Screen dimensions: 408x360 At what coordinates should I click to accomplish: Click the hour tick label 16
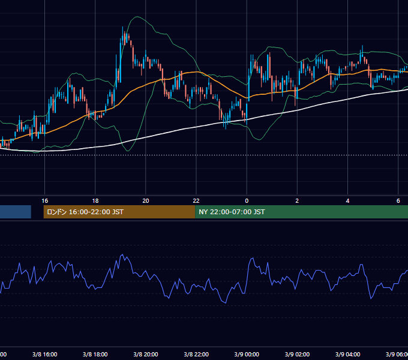point(45,201)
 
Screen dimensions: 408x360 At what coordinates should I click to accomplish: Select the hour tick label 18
point(95,201)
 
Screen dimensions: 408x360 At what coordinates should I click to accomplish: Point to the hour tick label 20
point(146,201)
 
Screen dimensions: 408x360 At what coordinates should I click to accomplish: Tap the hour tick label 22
point(196,201)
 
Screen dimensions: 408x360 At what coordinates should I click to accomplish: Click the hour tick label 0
point(247,201)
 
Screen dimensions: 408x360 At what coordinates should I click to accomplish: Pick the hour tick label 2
point(297,201)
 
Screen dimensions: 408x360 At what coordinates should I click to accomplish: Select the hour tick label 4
point(347,201)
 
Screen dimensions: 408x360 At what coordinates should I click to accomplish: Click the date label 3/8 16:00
point(45,354)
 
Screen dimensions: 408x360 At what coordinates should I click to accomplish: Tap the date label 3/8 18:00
point(95,354)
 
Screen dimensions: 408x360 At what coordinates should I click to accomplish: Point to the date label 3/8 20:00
point(146,354)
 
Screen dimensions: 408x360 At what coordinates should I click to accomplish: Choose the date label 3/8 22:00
point(196,354)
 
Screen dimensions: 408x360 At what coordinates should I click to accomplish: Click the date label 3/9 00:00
point(247,354)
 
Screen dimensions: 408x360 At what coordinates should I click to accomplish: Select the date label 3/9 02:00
point(297,354)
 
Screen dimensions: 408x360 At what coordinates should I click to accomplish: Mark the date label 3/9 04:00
point(347,354)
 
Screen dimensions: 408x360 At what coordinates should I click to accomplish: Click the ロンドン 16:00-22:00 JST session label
point(85,212)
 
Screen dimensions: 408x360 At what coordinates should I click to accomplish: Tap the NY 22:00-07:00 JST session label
point(232,212)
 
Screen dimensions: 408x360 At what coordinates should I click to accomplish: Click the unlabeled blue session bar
point(16,212)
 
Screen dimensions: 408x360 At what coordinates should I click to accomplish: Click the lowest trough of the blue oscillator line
point(226,303)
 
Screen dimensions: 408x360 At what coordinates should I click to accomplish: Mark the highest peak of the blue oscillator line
point(122,254)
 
